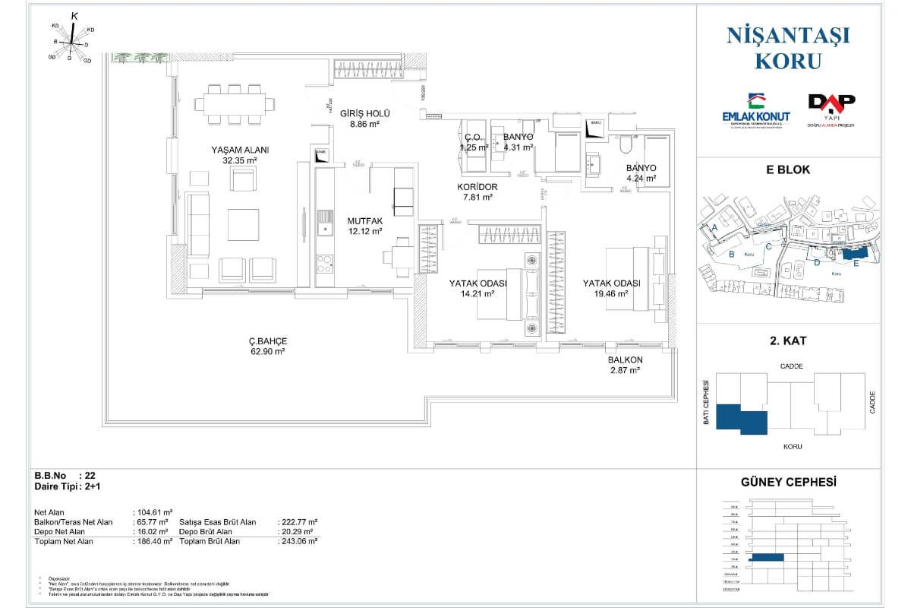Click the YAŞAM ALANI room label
coord(241,150)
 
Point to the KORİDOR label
coord(478,186)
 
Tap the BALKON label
coord(625,359)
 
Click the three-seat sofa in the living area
coord(199,223)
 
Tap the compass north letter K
coord(74,15)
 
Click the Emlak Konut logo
coord(755,110)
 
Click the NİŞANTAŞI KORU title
coord(788,46)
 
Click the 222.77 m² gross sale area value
coord(298,522)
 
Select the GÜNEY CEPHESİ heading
coord(788,482)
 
